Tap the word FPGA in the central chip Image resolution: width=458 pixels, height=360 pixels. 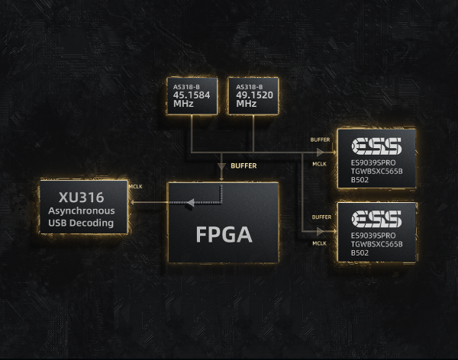pos(223,233)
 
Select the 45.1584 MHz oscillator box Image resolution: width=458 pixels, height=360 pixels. pos(192,96)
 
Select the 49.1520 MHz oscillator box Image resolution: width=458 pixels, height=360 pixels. pos(253,96)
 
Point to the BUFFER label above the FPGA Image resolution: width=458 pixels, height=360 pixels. pos(244,166)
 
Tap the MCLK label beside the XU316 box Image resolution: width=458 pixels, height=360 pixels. pos(136,186)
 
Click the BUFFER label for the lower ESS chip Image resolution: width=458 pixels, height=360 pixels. pos(321,217)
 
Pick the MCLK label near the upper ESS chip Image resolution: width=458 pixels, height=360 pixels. pos(320,162)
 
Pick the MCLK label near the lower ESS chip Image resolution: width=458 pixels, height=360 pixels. pos(320,243)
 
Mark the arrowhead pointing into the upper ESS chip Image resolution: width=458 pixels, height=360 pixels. pos(333,151)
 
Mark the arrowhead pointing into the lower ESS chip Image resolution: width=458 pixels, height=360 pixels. pos(333,230)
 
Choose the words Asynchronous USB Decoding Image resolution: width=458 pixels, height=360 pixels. pos(81,217)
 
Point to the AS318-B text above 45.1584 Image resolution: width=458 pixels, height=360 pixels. pos(186,87)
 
